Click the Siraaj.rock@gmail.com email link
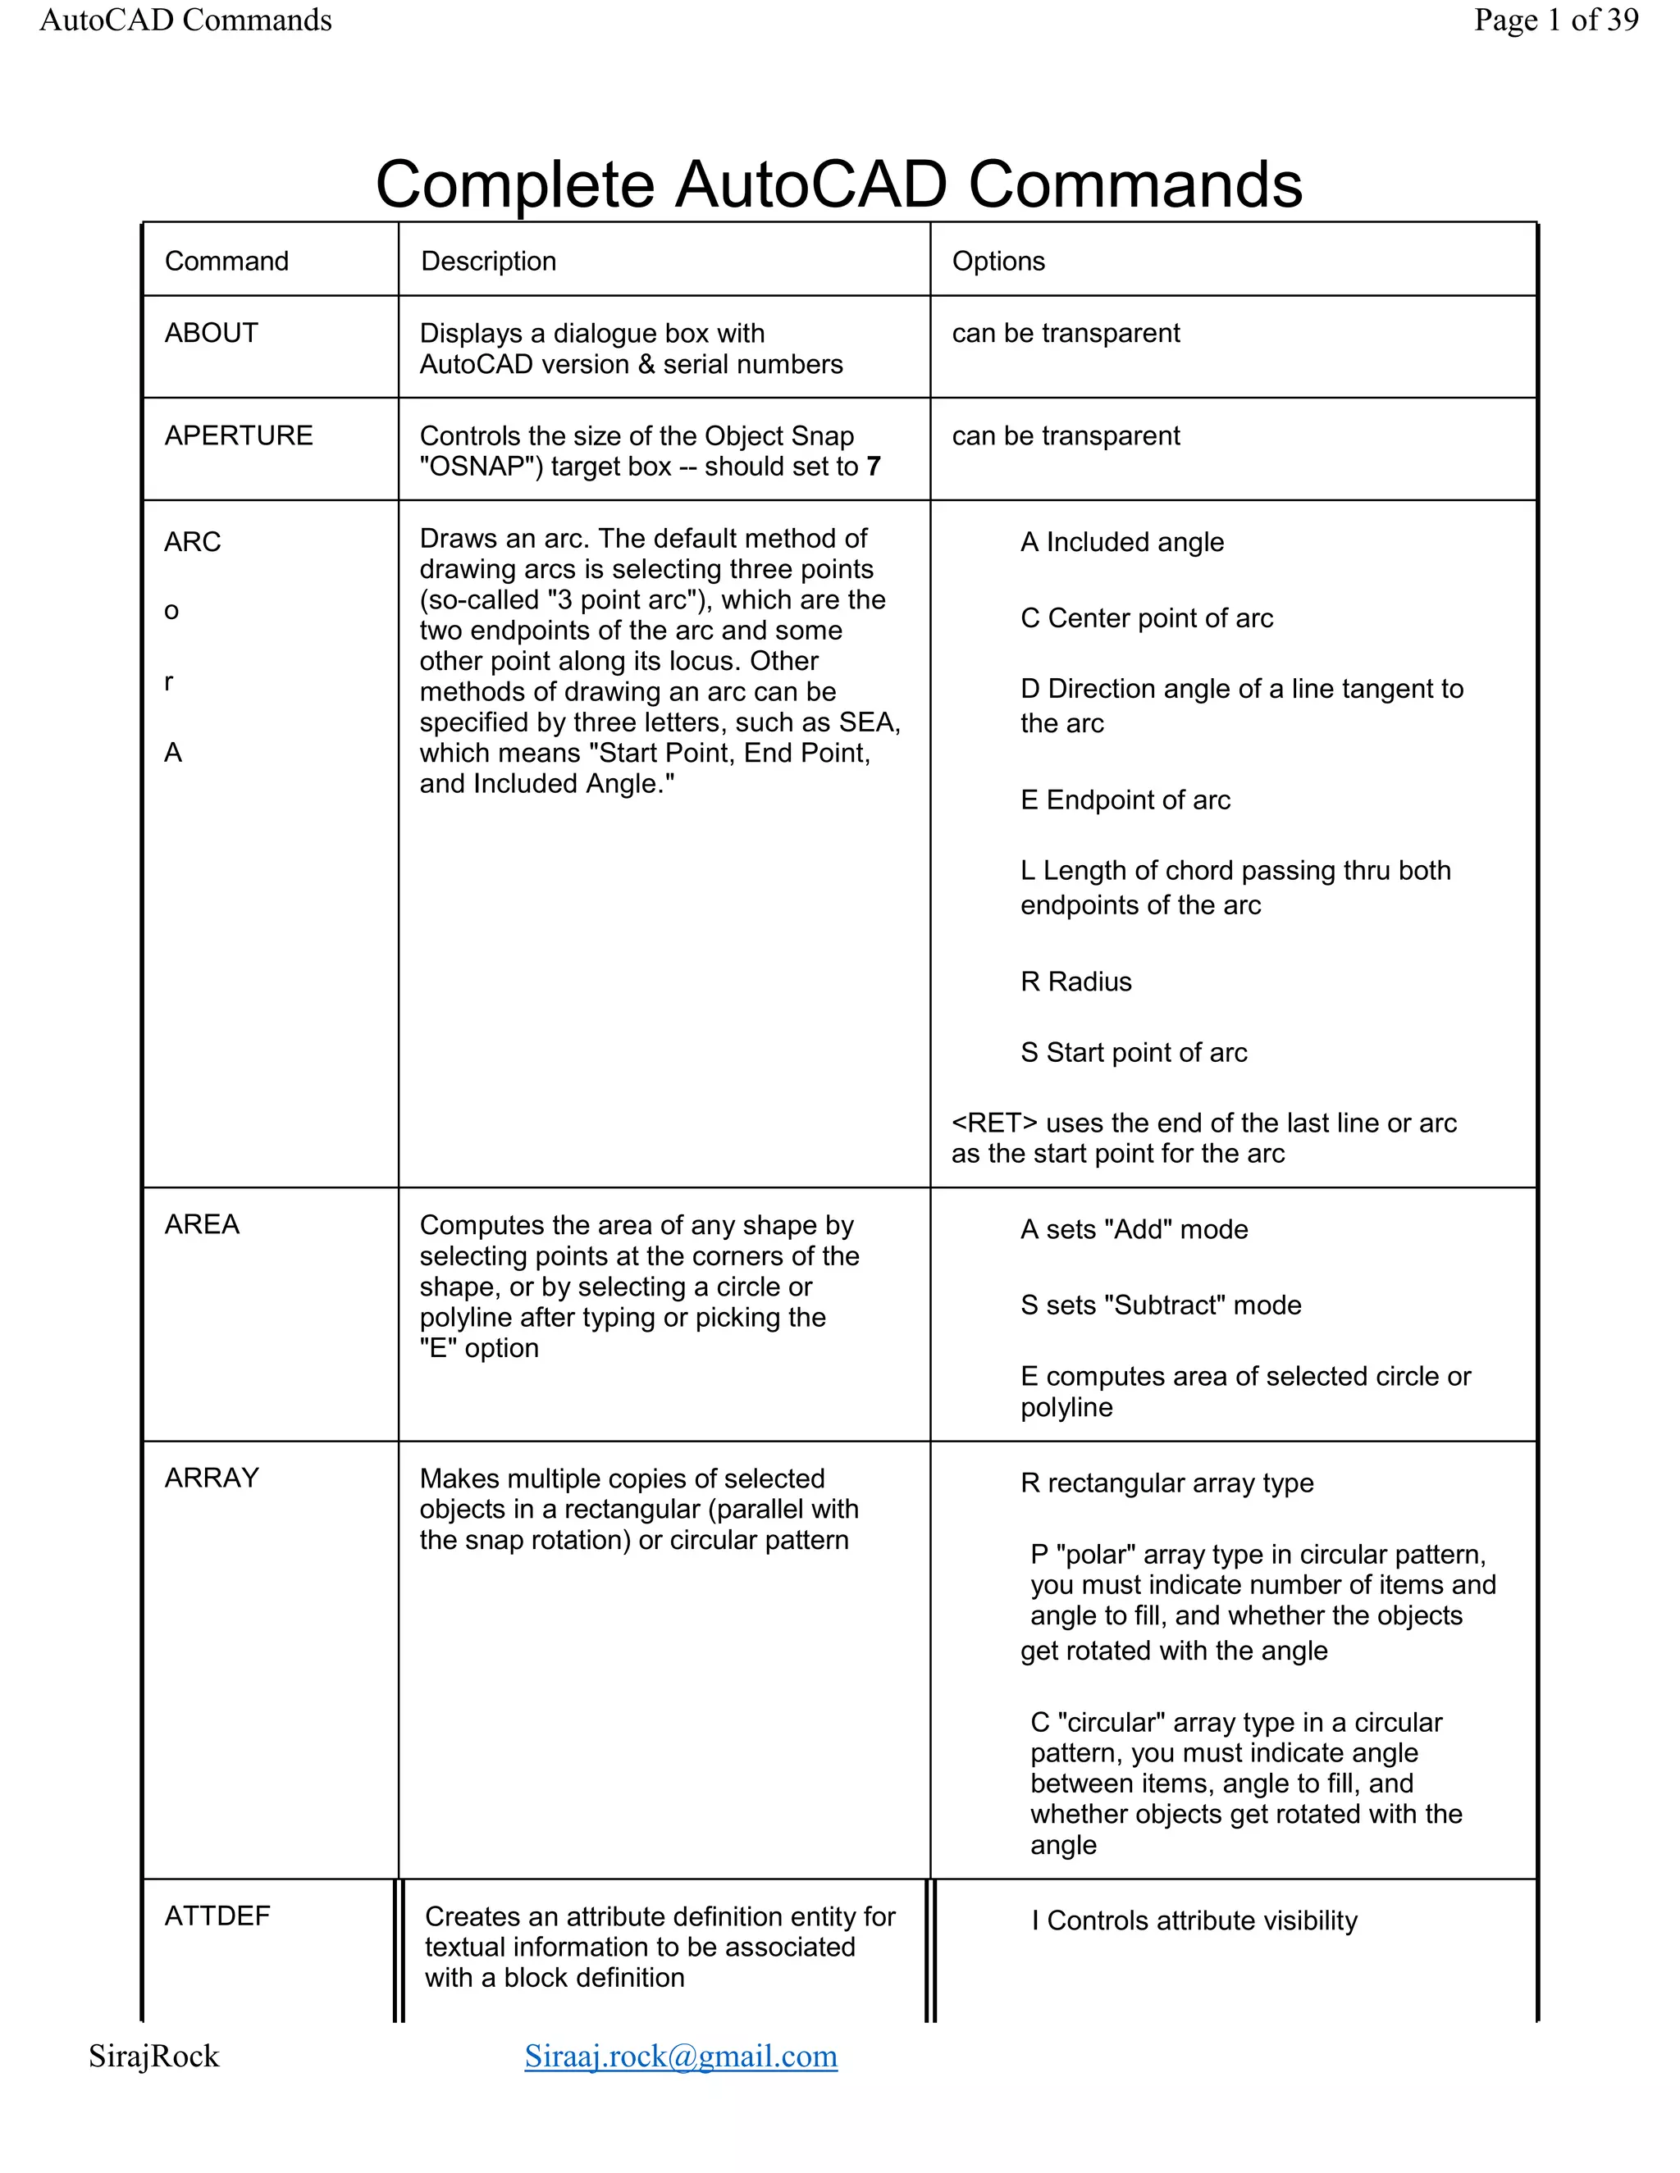[681, 2056]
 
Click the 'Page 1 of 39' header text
[1555, 20]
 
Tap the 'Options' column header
[998, 261]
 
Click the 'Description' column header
[488, 261]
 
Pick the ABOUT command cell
[211, 333]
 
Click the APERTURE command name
[238, 435]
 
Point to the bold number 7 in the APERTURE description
[874, 467]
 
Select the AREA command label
[202, 1225]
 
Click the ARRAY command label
[211, 1478]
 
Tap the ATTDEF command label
[217, 1916]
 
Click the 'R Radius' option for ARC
[1076, 982]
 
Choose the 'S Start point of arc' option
[1134, 1053]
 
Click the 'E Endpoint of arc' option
[1125, 800]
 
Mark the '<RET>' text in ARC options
[994, 1123]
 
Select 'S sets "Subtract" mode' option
[1161, 1305]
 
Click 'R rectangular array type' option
[1166, 1483]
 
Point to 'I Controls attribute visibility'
[1194, 1920]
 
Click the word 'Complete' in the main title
[514, 185]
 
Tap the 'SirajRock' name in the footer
[153, 2056]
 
